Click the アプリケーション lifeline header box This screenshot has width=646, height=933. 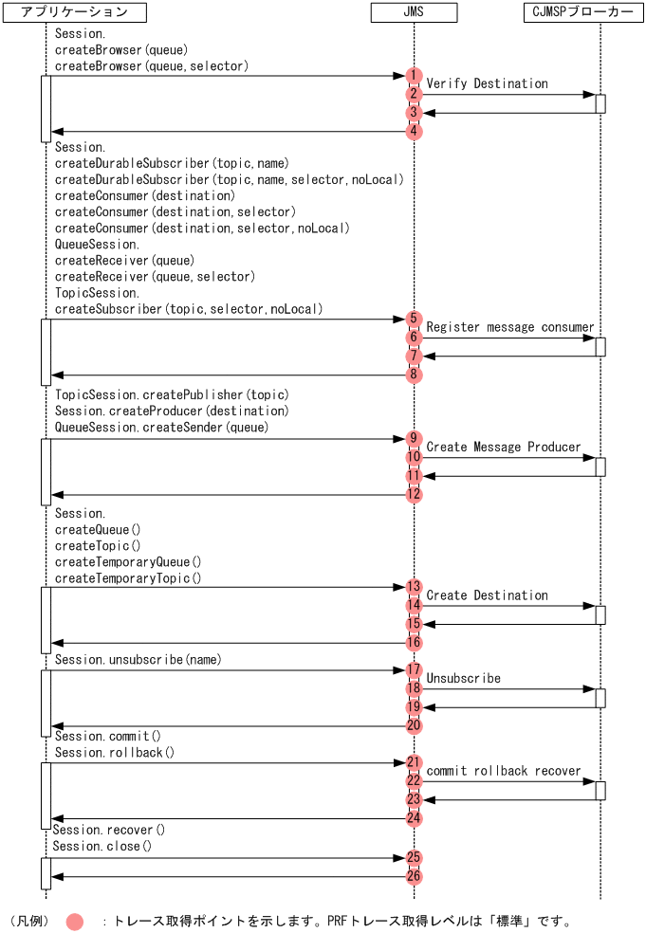point(73,12)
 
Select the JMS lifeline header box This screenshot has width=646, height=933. point(414,12)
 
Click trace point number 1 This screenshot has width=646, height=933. point(414,76)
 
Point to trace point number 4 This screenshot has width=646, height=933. point(414,132)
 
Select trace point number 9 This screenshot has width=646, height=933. point(414,438)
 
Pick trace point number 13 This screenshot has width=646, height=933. point(414,587)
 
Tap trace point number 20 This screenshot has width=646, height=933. point(414,725)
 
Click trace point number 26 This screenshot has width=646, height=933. point(414,876)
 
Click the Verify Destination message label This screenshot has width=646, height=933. point(487,83)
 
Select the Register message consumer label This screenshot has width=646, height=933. point(509,327)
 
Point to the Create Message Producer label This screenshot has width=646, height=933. point(503,447)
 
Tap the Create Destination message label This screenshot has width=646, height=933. point(487,595)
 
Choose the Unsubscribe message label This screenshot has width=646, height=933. point(463,679)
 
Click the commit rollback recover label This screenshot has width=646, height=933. point(503,771)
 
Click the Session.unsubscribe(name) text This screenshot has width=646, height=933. point(138,659)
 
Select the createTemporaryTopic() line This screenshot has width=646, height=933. point(128,578)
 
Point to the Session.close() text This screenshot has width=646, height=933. point(102,846)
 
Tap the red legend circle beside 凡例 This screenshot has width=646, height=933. point(75,921)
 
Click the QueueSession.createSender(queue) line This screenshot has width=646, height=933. point(161,428)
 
